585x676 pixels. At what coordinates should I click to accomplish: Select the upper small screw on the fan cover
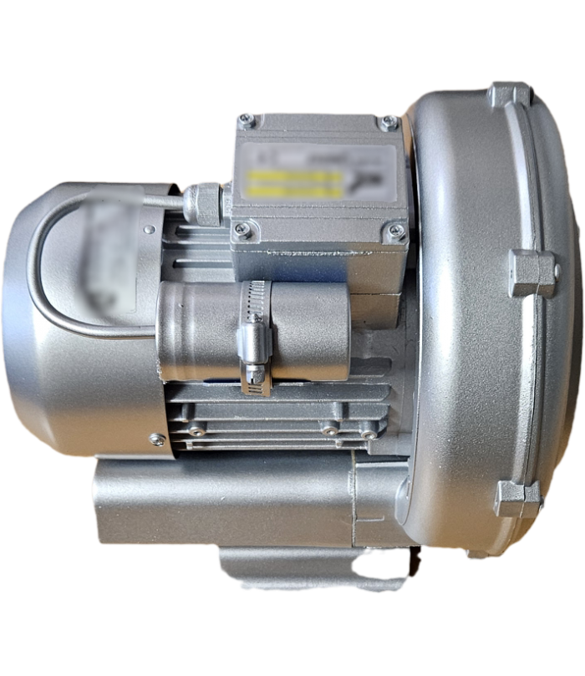coord(148,228)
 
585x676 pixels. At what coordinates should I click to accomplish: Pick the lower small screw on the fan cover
coord(155,438)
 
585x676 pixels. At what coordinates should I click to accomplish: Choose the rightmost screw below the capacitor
coord(368,433)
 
